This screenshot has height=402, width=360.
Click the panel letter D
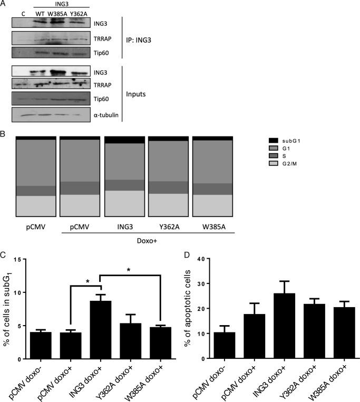199,255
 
